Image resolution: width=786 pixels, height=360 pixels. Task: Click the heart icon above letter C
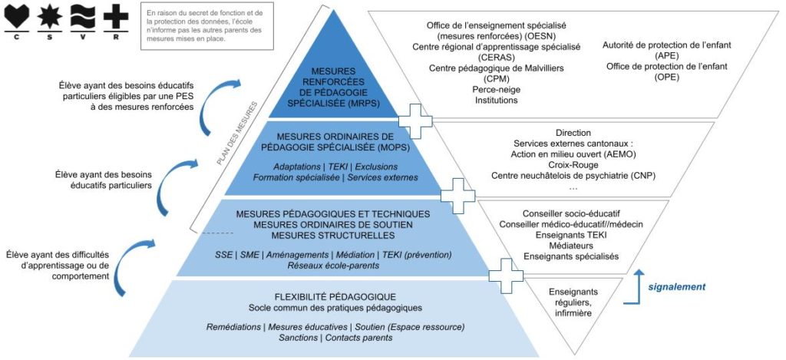coord(17,16)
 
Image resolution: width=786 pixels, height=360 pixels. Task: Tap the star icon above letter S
coord(50,16)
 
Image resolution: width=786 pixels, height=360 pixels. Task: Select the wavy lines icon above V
coord(83,16)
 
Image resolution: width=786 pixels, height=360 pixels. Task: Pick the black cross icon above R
coord(116,16)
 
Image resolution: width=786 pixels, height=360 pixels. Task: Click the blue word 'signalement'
coord(677,287)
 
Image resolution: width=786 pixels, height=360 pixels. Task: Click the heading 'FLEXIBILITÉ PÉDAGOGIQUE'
coord(336,296)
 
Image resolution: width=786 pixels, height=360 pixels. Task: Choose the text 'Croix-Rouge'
coord(573,164)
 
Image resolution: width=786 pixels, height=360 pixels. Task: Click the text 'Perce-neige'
coord(495,89)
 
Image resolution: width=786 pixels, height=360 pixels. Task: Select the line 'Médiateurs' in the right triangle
coord(571,246)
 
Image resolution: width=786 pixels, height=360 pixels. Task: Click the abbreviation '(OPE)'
coord(667,78)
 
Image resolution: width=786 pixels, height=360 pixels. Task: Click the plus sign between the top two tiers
coord(415,121)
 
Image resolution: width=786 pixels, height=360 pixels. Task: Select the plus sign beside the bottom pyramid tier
coord(506,276)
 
